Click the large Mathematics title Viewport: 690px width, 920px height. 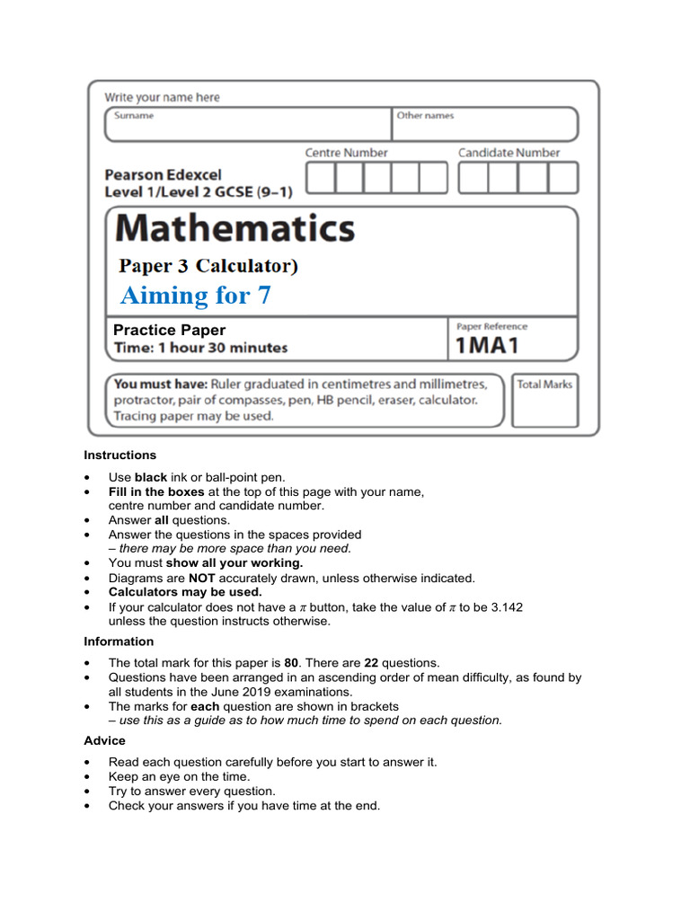click(234, 228)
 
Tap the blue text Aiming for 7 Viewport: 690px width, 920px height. click(195, 296)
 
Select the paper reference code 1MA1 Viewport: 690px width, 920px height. click(488, 345)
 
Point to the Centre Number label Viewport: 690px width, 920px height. click(346, 153)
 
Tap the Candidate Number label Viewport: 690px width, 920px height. click(509, 153)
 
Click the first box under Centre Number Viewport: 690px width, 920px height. click(321, 178)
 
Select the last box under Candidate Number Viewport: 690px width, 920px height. click(563, 178)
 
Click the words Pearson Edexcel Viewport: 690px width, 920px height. click(163, 174)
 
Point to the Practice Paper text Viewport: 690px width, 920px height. click(170, 330)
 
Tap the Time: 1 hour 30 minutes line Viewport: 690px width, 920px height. click(200, 348)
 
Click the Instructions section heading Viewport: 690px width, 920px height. click(120, 455)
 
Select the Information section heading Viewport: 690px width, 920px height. click(119, 641)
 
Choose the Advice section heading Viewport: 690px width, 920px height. click(105, 740)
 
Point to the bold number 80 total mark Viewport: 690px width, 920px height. click(293, 663)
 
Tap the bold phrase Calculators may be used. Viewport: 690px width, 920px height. click(185, 592)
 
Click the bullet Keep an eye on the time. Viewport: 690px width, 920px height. click(179, 776)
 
